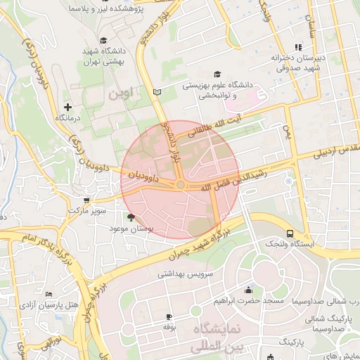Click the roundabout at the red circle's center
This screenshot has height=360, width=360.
pos(181,184)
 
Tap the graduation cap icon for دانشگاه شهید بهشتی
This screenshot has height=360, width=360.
pos(103,40)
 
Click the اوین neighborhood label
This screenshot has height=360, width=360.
pos(121,94)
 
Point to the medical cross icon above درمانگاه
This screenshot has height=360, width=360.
pos(67,106)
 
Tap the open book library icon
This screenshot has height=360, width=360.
pos(157,92)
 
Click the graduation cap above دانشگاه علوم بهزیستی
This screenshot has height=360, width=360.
pos(217,74)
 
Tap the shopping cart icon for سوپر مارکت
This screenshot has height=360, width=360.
pos(86,200)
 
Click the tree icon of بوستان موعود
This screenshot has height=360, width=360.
pos(131,218)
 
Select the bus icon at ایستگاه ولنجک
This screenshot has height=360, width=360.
pos(290,233)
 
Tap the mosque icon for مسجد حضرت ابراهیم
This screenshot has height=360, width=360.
pos(247,290)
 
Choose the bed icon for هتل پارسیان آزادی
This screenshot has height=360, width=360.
pos(48,295)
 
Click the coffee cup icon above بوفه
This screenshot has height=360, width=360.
pos(169,317)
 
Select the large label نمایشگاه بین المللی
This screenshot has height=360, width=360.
pos(226,337)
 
